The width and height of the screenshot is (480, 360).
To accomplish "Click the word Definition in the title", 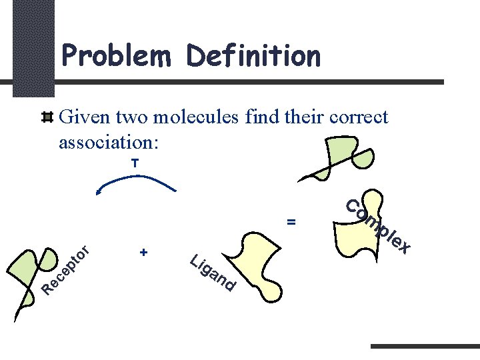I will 254,56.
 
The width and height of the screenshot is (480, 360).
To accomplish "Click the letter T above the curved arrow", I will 135,163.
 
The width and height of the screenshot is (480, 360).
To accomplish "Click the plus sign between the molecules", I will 143,253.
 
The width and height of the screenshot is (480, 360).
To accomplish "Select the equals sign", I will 291,221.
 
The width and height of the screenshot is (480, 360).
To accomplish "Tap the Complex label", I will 377,226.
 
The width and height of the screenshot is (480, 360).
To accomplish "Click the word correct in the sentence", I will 350,118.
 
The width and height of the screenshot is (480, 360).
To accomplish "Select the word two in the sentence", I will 132,118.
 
